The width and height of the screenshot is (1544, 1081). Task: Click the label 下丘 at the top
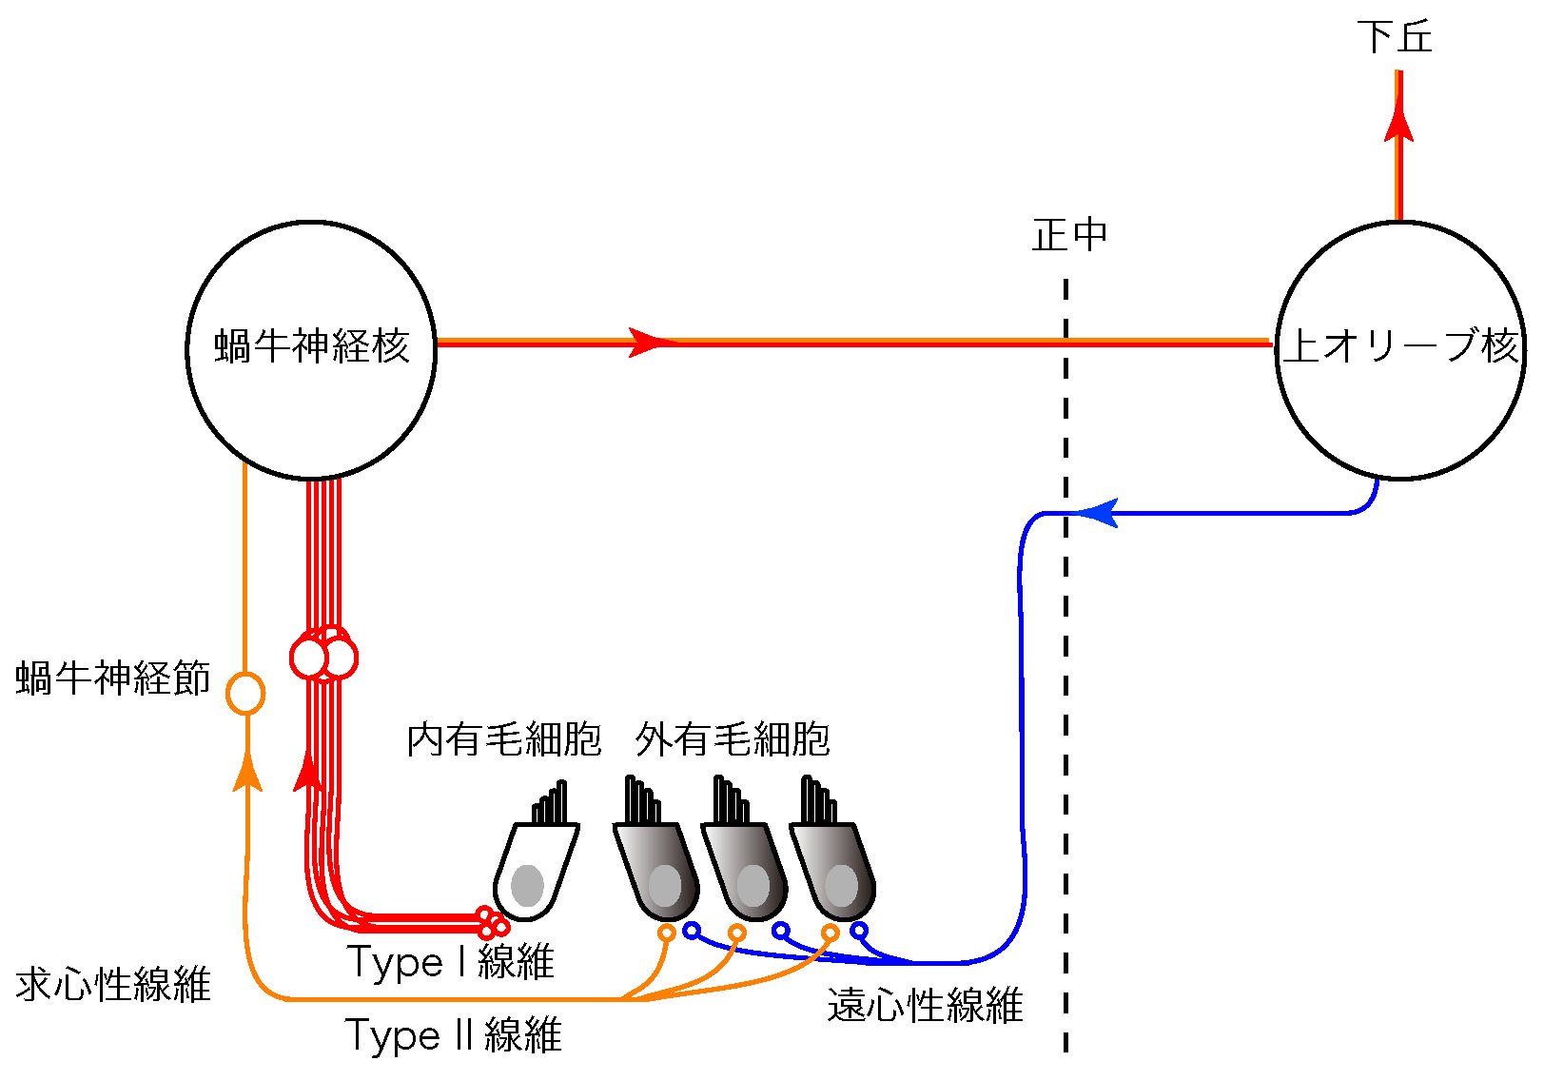pyautogui.click(x=1395, y=37)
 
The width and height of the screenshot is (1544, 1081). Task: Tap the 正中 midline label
pyautogui.click(x=1069, y=235)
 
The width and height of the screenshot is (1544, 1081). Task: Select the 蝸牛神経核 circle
pyautogui.click(x=311, y=349)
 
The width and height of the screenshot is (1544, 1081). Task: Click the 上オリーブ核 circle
pyautogui.click(x=1399, y=349)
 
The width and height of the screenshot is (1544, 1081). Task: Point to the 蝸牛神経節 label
pyautogui.click(x=112, y=678)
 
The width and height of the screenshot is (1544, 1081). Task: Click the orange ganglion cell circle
pyautogui.click(x=245, y=694)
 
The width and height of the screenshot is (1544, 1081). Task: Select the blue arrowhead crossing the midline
pyautogui.click(x=1097, y=514)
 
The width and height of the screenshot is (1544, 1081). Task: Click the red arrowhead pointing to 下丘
pyautogui.click(x=1398, y=122)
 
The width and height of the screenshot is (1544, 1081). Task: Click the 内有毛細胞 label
pyautogui.click(x=504, y=739)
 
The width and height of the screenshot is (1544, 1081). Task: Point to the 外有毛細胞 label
pyautogui.click(x=733, y=739)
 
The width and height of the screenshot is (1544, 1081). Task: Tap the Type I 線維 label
pyautogui.click(x=450, y=962)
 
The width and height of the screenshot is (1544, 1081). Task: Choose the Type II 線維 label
pyautogui.click(x=453, y=1035)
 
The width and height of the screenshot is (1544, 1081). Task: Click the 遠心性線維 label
pyautogui.click(x=925, y=1006)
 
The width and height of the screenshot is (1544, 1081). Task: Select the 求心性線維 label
pyautogui.click(x=112, y=984)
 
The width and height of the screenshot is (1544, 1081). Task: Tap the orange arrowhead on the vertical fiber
pyautogui.click(x=247, y=771)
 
